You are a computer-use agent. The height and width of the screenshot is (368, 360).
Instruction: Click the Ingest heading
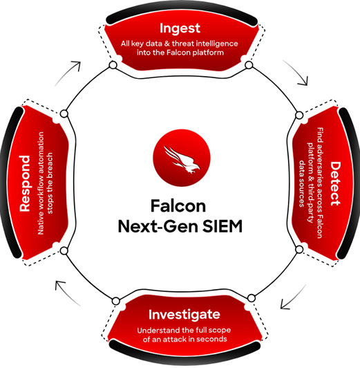pyautogui.click(x=180, y=28)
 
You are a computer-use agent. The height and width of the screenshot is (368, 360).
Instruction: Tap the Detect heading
pyautogui.click(x=335, y=184)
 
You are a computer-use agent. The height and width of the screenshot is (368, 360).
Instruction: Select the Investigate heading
pyautogui.click(x=184, y=315)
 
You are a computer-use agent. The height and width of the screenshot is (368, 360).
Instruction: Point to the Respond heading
pyautogui.click(x=25, y=183)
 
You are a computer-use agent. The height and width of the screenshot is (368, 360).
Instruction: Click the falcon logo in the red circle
pyautogui.click(x=182, y=158)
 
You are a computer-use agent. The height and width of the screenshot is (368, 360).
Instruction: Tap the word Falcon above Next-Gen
pyautogui.click(x=178, y=206)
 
